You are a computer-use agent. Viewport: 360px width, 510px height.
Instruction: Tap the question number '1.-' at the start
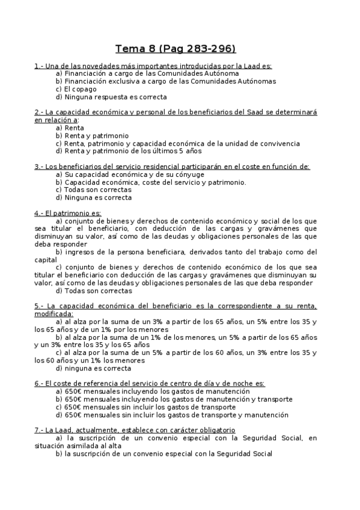tap(39, 66)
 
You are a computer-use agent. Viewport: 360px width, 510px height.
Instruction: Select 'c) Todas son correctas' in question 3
tap(93, 189)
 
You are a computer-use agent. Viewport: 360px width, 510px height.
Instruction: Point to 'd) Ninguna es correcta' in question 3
tap(93, 197)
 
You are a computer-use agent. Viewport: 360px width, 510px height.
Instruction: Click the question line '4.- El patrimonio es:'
tap(68, 213)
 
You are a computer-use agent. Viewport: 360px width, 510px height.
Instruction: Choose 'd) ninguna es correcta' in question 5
tap(93, 368)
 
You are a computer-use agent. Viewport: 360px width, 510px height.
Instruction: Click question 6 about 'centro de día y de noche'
tap(150, 384)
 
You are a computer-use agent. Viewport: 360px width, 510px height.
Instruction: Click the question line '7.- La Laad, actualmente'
tap(135, 431)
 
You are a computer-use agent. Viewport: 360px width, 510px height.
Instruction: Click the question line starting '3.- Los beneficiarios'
tap(172, 167)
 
